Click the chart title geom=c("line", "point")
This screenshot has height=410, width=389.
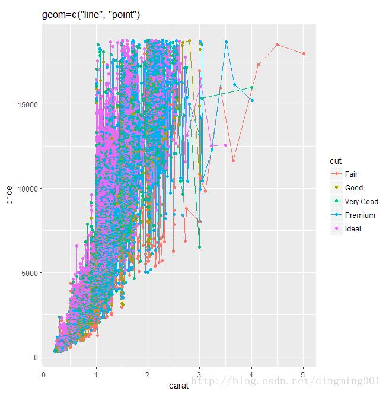91,14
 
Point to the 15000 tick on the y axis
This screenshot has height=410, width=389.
27,104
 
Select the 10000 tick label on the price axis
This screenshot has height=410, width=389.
27,189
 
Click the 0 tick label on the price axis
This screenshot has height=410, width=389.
36,357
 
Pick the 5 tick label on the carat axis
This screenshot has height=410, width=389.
304,374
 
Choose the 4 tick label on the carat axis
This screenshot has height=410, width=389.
251,374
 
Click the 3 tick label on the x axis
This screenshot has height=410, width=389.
200,374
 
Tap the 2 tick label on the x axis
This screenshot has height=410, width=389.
148,374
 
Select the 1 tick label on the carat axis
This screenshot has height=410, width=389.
96,374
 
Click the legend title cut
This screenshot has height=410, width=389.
336,161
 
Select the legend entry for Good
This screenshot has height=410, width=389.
353,188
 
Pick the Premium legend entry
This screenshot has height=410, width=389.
359,215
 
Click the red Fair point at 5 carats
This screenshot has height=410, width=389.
304,53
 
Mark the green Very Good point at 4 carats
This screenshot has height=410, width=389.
251,87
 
